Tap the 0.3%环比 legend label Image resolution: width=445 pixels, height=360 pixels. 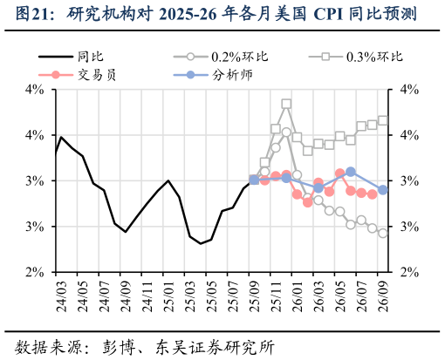(374, 57)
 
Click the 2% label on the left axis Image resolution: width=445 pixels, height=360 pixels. (35, 272)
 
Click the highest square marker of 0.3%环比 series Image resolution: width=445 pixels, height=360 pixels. (286, 104)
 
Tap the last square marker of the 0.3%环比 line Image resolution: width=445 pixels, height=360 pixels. (383, 120)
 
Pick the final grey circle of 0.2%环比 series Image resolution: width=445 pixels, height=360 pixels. (383, 234)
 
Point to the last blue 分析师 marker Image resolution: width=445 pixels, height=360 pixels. (383, 190)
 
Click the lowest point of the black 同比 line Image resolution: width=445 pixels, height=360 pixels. (201, 243)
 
